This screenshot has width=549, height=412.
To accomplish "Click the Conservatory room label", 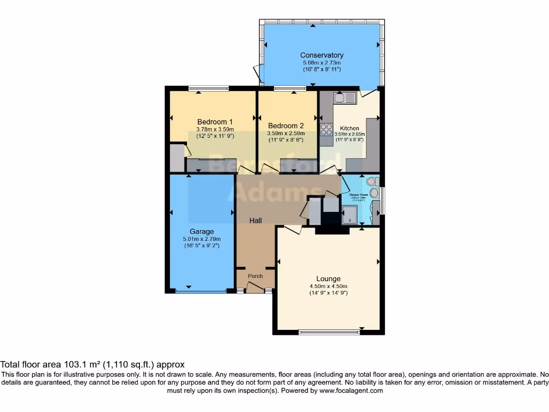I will coord(322,55).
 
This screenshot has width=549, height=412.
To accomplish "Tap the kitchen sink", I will coord(344,98).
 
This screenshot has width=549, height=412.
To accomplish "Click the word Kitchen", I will coord(350,129).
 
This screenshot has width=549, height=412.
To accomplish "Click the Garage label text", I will coord(201,232).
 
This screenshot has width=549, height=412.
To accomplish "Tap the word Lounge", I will coord(328,278).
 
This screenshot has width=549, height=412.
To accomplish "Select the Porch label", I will coord(255,276).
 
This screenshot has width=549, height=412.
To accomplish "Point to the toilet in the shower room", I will coord(373,182).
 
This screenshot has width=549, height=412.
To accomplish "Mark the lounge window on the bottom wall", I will coord(329,332).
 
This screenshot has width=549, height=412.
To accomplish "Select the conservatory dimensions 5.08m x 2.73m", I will coord(322,63).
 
